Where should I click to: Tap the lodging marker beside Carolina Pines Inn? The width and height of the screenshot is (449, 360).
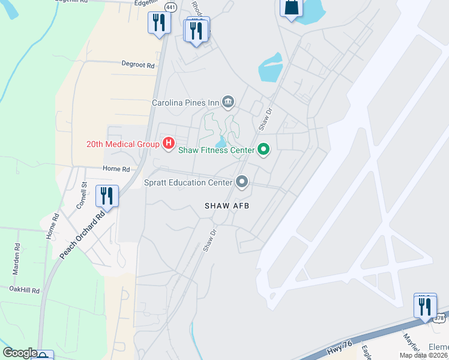click(228, 103)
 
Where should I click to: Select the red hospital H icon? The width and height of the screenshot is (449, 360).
click(169, 143)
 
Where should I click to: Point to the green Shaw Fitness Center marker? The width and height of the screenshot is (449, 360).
click(263, 149)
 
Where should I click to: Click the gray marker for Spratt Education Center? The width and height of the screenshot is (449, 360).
click(242, 181)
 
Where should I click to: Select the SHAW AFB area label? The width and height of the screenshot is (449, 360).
click(227, 206)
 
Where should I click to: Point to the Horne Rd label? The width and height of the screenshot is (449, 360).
click(116, 169)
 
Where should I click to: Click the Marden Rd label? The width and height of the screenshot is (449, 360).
click(17, 259)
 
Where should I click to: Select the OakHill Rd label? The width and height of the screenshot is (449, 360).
click(24, 290)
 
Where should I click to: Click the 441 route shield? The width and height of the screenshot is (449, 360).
click(171, 7)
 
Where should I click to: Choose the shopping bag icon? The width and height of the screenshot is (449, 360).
click(291, 7)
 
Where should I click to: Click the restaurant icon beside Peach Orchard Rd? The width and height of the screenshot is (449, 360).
click(107, 196)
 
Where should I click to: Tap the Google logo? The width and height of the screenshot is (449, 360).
click(19, 353)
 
